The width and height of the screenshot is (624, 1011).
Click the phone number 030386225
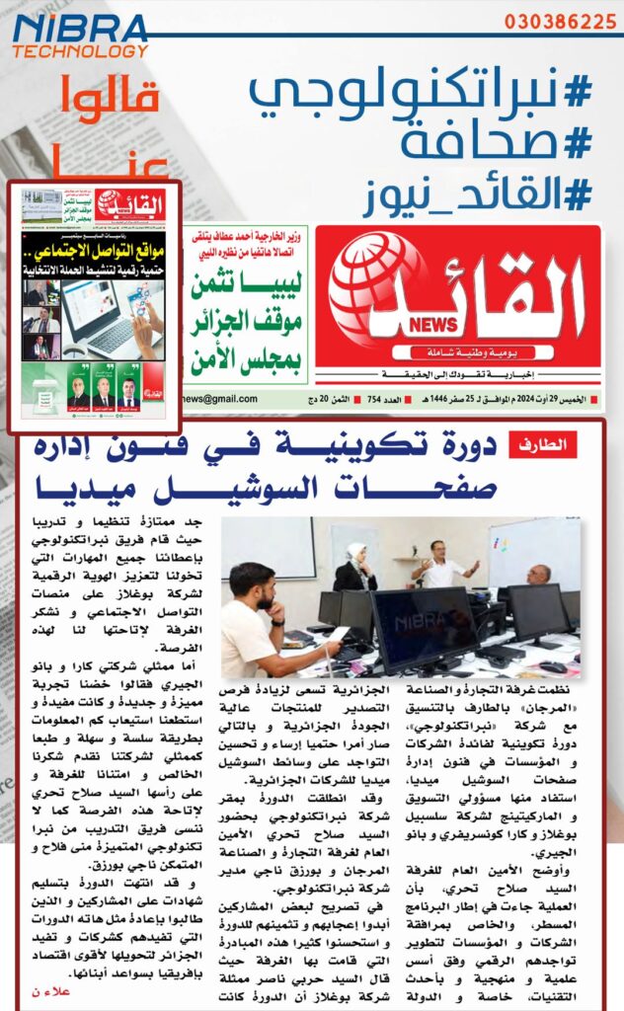point(560,21)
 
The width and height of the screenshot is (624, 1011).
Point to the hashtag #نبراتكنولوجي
point(419,91)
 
